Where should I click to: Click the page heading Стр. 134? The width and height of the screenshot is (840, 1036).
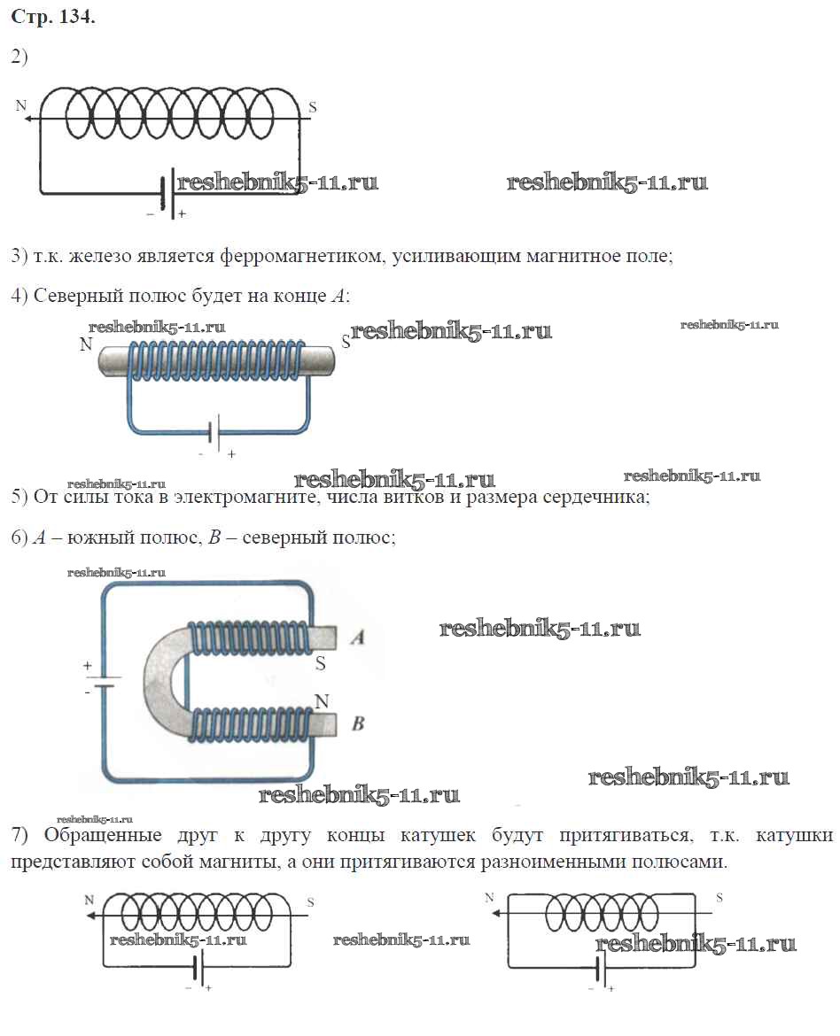(x=52, y=19)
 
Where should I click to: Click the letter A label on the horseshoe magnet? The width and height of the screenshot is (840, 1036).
(x=358, y=638)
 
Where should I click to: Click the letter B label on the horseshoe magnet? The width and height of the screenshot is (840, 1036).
(x=358, y=724)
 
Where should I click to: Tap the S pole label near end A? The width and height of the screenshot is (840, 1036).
(x=321, y=663)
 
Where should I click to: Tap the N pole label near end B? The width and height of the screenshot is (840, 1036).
(x=322, y=701)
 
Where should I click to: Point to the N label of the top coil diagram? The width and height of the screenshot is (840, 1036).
(x=20, y=106)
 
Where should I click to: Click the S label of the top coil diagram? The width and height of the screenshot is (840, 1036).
(x=312, y=108)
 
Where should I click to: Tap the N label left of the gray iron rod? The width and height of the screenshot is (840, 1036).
(x=86, y=345)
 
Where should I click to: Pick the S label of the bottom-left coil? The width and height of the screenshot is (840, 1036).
(x=310, y=901)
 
